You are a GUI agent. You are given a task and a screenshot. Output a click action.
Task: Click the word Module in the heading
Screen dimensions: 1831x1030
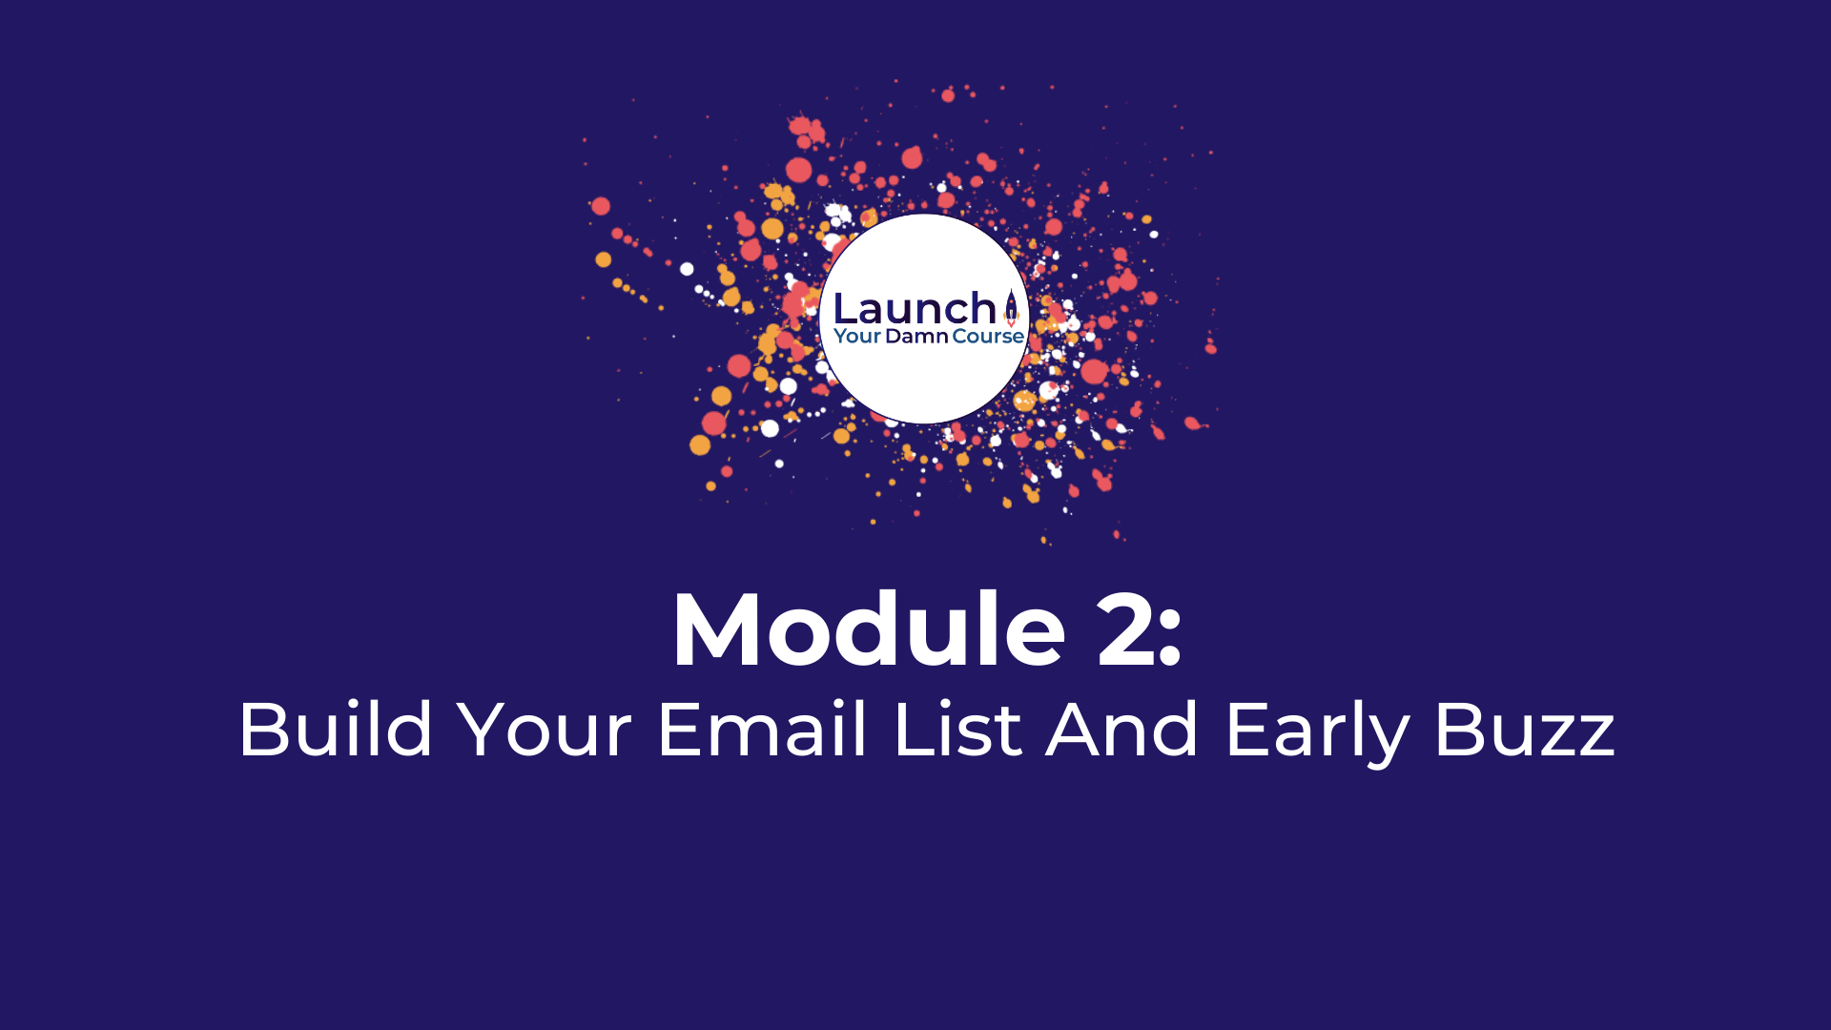pos(869,629)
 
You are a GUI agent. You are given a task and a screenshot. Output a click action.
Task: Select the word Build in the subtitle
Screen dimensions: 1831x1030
pos(336,730)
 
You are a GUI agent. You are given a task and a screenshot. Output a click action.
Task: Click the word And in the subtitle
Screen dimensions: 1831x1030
pos(1121,730)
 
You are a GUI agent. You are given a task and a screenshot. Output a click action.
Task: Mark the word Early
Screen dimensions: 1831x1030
pos(1317,734)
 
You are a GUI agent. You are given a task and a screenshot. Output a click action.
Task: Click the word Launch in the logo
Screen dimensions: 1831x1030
pos(915,308)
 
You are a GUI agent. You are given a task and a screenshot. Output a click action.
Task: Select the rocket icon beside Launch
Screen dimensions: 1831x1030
pos(1011,307)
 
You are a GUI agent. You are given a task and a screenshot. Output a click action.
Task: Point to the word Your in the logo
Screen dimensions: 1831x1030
pos(857,336)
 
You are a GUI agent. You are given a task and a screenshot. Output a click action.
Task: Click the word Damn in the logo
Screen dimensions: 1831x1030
pos(916,336)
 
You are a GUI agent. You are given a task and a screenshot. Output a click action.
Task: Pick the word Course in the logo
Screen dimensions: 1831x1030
pos(988,336)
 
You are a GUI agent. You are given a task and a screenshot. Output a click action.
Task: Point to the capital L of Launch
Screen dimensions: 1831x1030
pos(846,308)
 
